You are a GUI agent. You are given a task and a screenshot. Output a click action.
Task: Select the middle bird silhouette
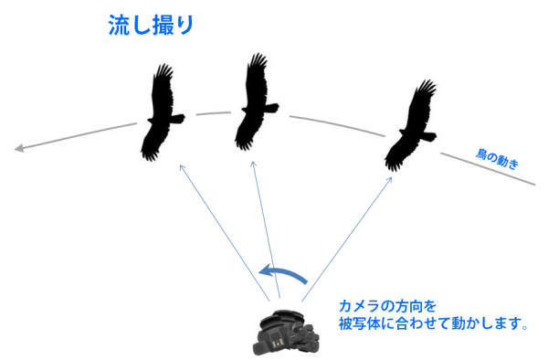[252, 105]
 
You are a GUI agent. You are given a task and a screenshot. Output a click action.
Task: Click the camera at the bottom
[284, 334]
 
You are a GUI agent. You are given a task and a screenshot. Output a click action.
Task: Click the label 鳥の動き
[498, 160]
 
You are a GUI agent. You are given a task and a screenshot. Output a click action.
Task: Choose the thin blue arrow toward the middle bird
[266, 228]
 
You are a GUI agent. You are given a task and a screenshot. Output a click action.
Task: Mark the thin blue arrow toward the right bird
[337, 237]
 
